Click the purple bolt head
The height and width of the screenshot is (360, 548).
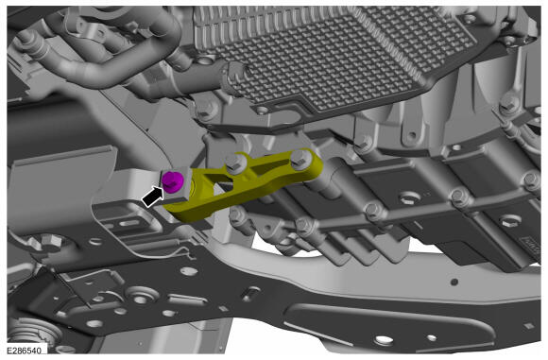pos(172,182)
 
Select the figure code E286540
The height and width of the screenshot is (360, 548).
pos(24,351)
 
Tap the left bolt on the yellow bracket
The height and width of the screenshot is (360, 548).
pos(236,163)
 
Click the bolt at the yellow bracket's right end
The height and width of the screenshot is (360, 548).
pos(300,159)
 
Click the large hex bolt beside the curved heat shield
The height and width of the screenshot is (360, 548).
pos(50,242)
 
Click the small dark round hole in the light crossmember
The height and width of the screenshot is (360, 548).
pos(454,281)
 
